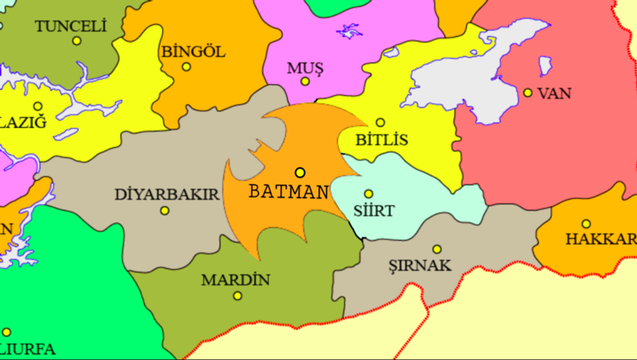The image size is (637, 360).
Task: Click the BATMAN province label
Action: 289,192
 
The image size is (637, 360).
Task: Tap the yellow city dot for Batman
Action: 300,172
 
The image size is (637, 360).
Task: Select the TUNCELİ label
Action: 70,27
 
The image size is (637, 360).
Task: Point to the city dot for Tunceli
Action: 77,40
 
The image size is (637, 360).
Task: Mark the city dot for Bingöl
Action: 187,66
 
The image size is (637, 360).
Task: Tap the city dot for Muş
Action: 305,81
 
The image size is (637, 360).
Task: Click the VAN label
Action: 554,94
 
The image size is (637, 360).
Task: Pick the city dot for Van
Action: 528,93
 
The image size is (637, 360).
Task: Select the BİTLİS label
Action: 382,140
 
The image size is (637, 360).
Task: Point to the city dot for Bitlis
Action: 380,122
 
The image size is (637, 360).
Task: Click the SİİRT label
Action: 374,211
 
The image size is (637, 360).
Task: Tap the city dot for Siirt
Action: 369,194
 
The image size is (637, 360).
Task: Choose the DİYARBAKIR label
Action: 166,194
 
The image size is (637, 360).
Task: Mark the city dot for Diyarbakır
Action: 164,211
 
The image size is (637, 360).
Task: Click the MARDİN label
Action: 235,281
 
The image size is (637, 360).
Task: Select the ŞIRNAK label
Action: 419,266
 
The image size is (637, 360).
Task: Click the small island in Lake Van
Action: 545,66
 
